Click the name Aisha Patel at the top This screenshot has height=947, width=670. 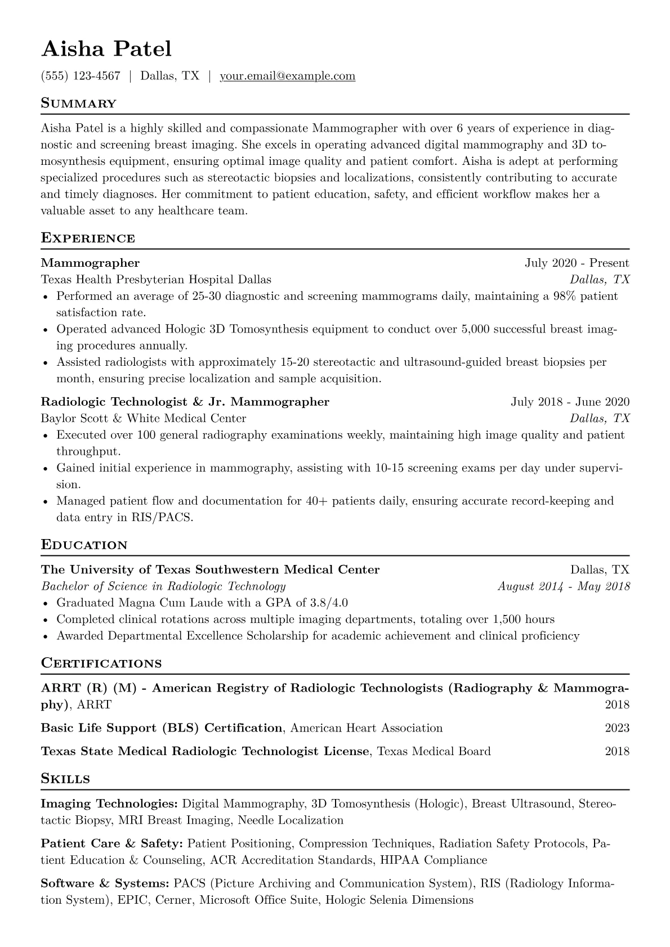pyautogui.click(x=106, y=49)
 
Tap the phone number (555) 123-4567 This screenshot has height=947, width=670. pyautogui.click(x=81, y=76)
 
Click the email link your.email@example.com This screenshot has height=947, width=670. pyautogui.click(x=287, y=76)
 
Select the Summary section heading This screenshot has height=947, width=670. pyautogui.click(x=78, y=104)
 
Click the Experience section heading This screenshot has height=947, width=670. pyautogui.click(x=88, y=238)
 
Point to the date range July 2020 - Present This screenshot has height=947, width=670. pyautogui.click(x=577, y=263)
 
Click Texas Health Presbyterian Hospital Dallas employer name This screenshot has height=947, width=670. pyautogui.click(x=156, y=279)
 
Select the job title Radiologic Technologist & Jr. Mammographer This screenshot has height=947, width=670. pyautogui.click(x=185, y=402)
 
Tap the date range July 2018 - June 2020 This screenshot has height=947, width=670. pyautogui.click(x=570, y=402)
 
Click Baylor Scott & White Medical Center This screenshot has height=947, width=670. pyautogui.click(x=144, y=418)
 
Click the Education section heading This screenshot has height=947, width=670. pyautogui.click(x=84, y=545)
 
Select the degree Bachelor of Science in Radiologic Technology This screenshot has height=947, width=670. pyautogui.click(x=163, y=586)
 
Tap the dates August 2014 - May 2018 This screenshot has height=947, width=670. pyautogui.click(x=564, y=586)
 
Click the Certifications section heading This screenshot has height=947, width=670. pyautogui.click(x=101, y=663)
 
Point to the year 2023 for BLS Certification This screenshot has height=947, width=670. pyautogui.click(x=617, y=728)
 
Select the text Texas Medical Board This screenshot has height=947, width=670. pyautogui.click(x=434, y=751)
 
